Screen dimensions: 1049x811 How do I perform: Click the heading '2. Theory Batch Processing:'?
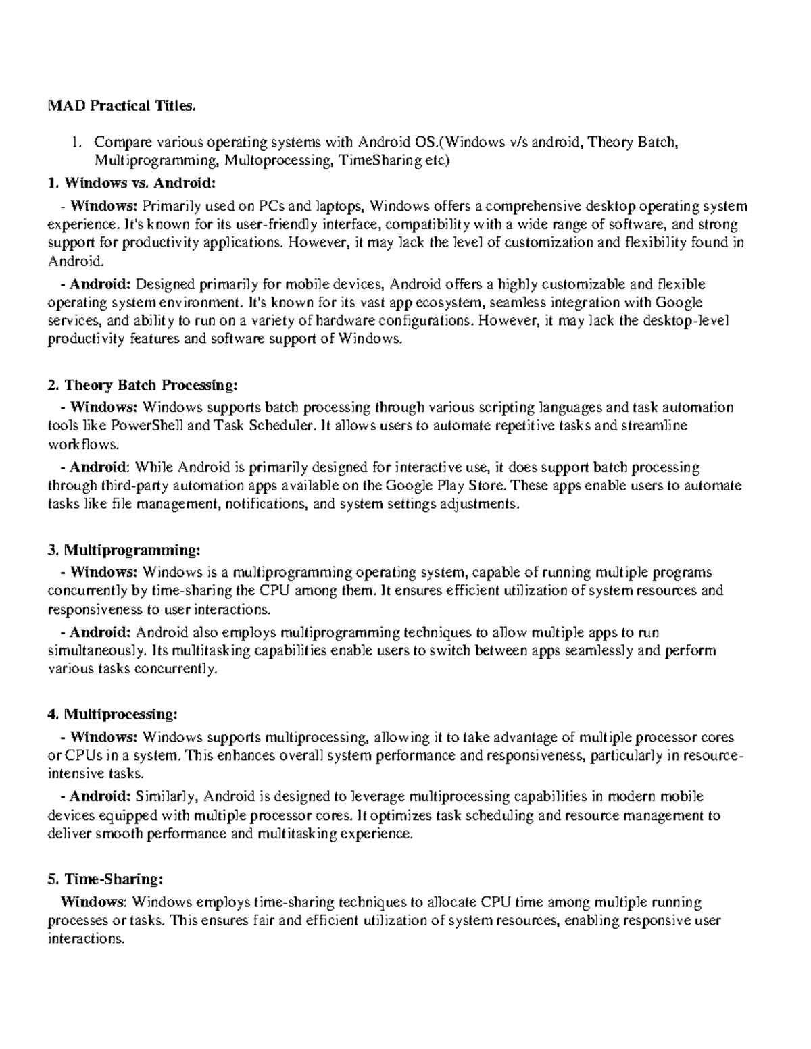tap(143, 385)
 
